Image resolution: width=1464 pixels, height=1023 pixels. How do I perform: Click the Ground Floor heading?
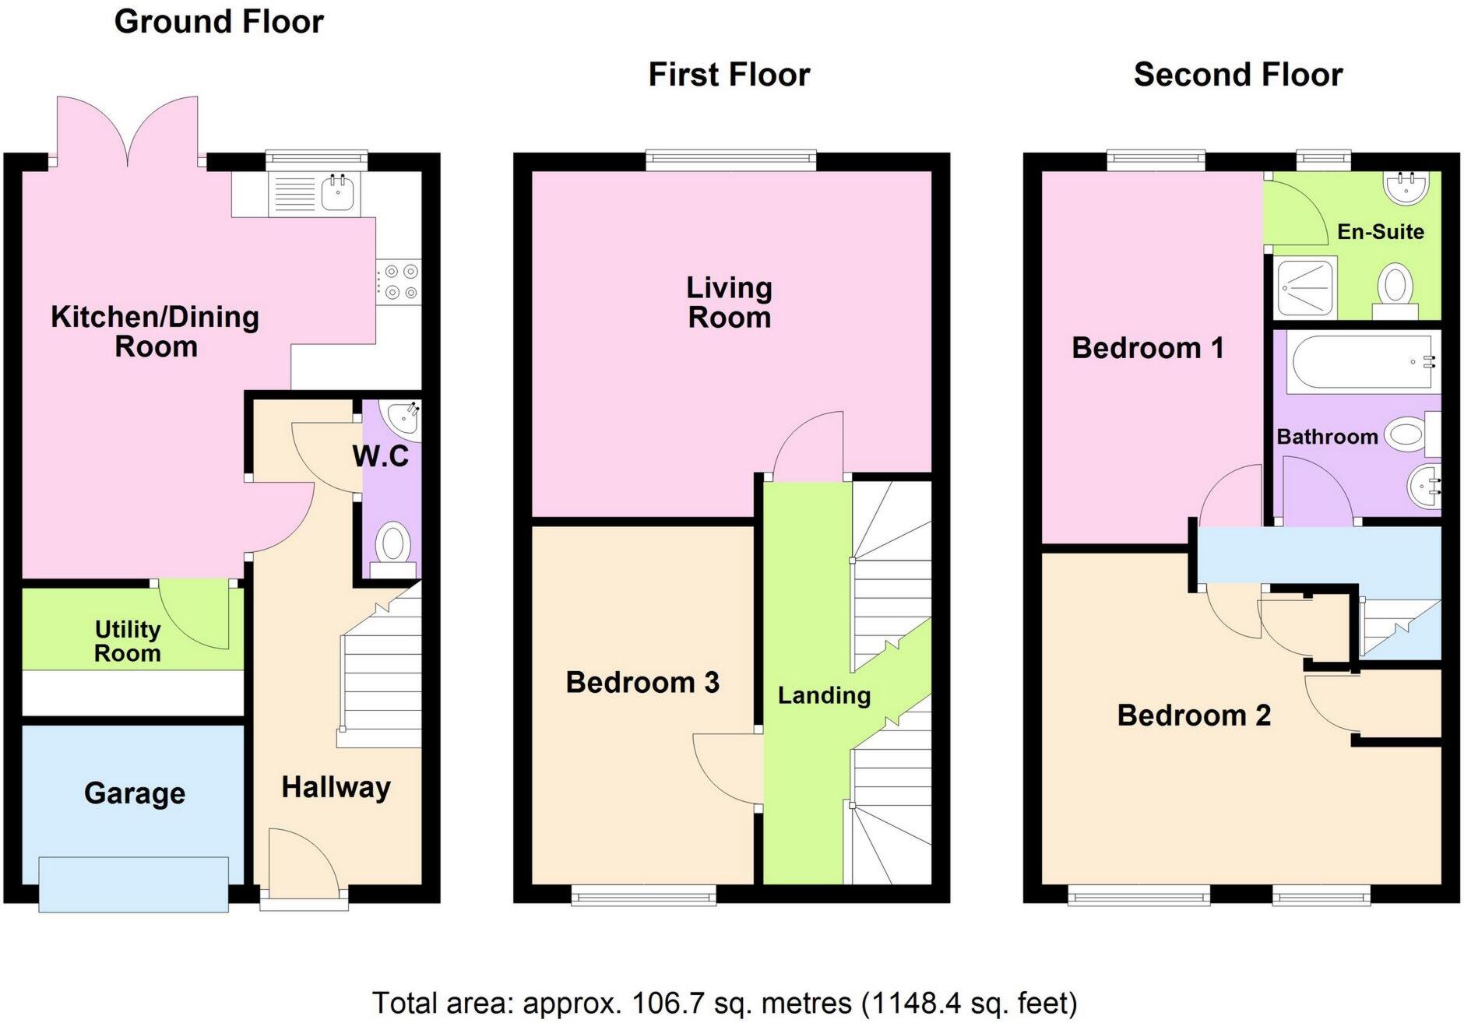[219, 22]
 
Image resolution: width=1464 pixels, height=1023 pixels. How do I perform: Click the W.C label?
[380, 456]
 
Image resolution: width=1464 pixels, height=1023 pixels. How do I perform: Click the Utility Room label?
[128, 641]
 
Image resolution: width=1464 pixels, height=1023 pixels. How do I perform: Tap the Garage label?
[135, 793]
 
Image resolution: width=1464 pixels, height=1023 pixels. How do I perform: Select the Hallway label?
[336, 787]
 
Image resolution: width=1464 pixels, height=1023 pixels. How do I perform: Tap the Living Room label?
[729, 302]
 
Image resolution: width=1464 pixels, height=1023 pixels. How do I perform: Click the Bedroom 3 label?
[642, 683]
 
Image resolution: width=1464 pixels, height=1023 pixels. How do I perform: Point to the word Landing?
[824, 695]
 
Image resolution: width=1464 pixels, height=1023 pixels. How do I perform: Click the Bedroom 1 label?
[1147, 348]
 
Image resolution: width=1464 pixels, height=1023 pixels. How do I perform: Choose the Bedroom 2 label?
[1193, 715]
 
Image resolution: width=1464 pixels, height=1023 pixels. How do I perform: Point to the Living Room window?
[730, 161]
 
